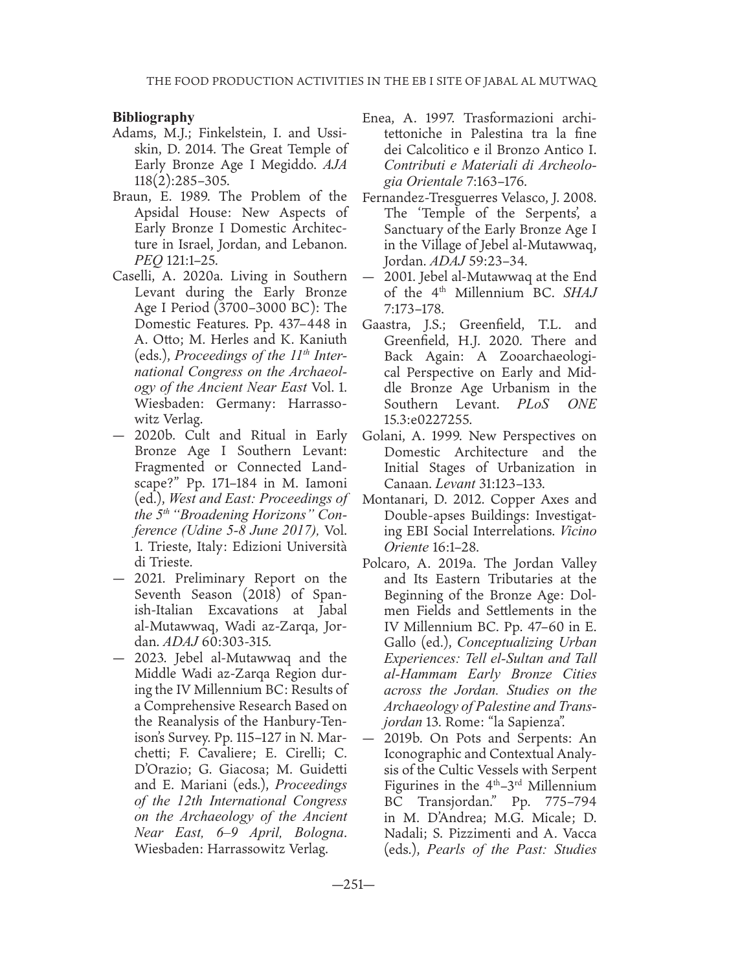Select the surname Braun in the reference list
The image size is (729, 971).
130,196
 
